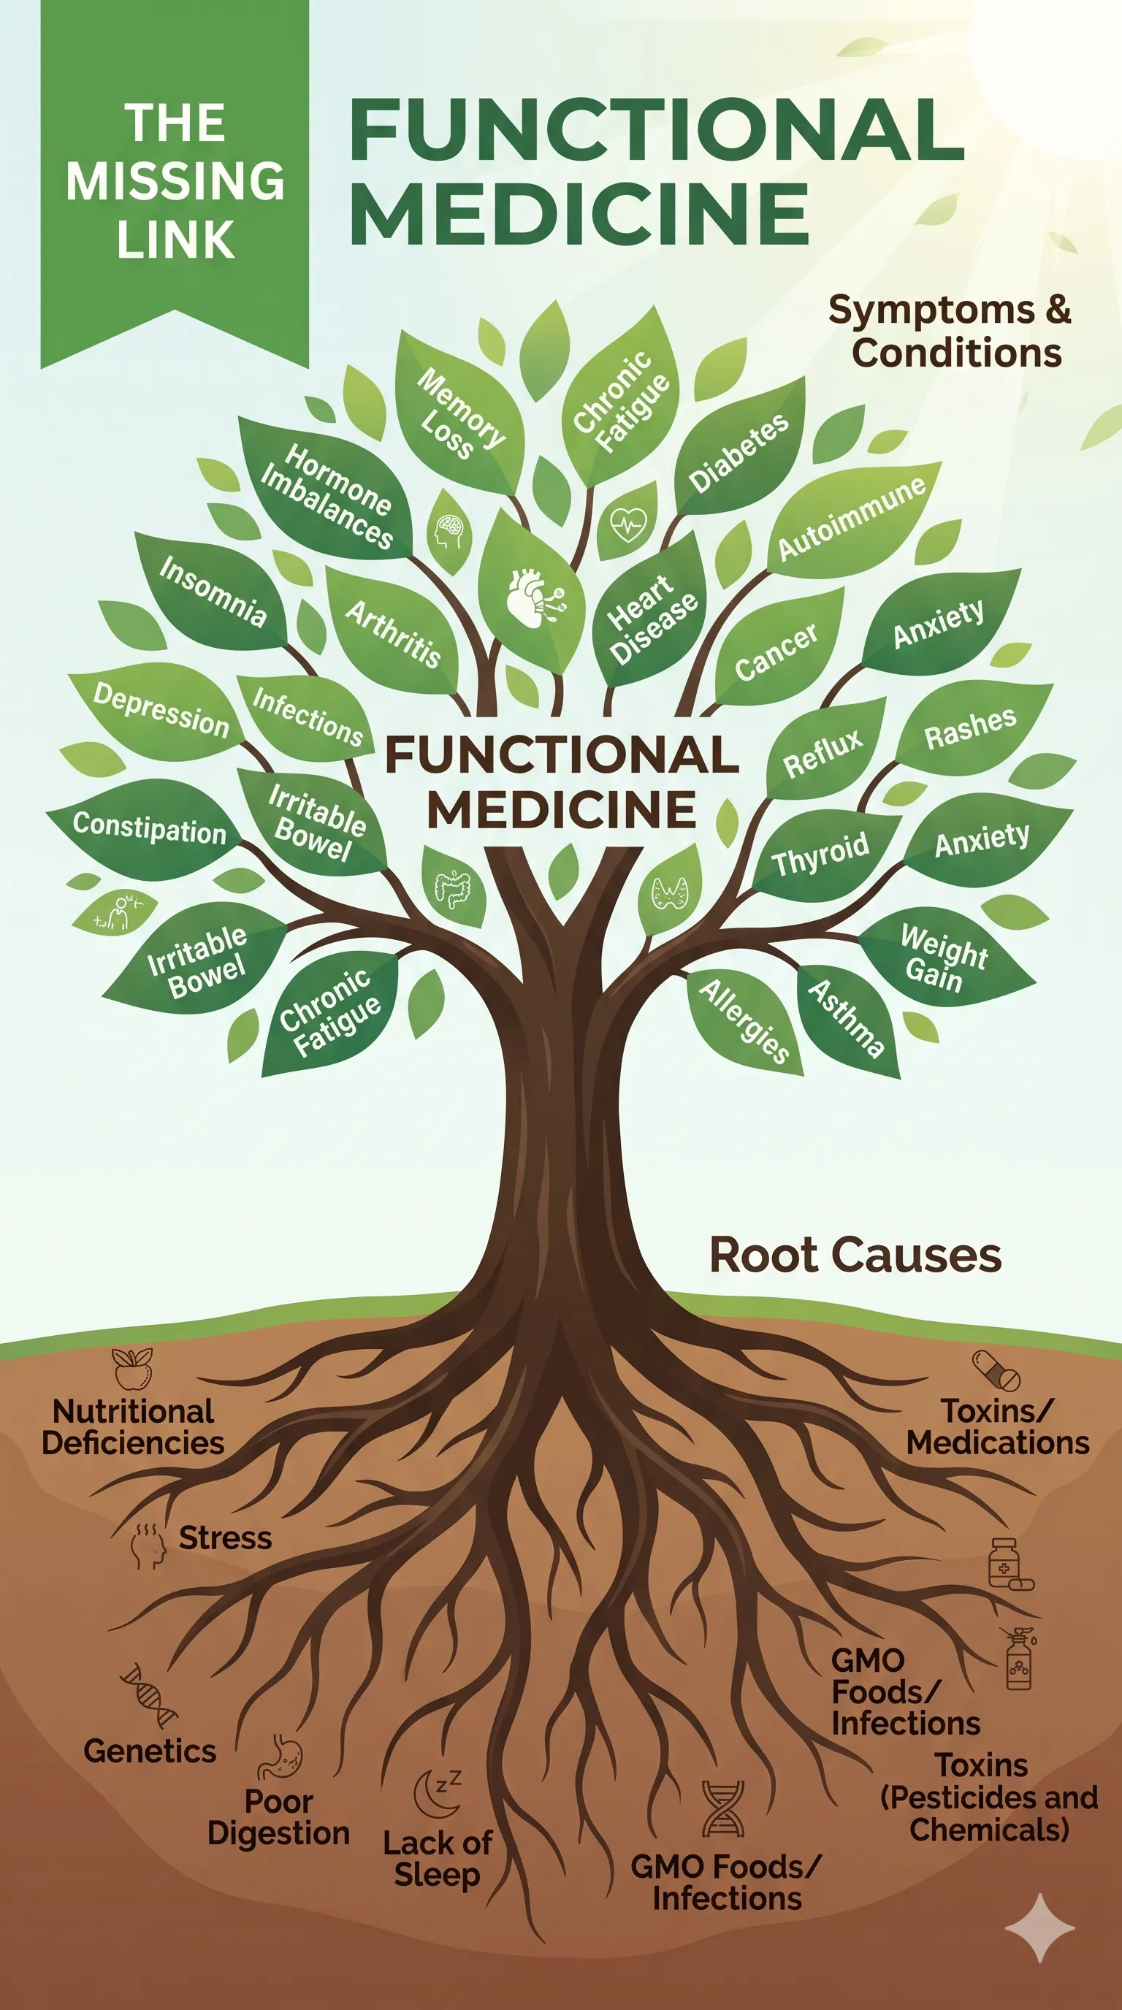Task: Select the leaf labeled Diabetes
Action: coord(740,450)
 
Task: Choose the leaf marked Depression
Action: coord(159,710)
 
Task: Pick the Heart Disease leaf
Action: coord(652,618)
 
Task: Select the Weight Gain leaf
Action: coord(946,956)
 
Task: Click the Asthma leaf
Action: coord(847,1018)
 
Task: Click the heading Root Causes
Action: coord(855,1255)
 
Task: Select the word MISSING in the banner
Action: coord(175,181)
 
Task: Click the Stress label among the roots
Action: coord(226,1538)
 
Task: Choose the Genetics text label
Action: coord(150,1751)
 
